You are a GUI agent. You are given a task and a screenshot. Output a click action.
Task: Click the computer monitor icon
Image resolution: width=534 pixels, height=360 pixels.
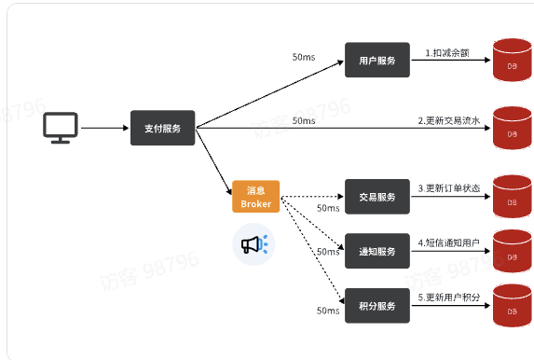62,128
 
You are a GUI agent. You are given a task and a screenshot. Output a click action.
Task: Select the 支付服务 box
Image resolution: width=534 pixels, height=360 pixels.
163,128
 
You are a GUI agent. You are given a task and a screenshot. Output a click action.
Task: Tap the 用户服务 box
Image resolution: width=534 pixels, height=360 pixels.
377,61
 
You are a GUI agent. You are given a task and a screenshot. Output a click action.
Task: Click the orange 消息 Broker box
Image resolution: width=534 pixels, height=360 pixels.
255,197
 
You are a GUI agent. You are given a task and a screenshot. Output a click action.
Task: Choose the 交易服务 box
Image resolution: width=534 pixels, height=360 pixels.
377,197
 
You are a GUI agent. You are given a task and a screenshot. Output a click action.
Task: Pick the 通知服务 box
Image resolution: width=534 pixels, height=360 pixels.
377,251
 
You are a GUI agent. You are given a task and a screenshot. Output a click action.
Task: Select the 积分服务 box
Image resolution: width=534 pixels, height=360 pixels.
377,306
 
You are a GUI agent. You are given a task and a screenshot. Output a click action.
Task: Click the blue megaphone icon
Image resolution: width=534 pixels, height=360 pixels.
253,244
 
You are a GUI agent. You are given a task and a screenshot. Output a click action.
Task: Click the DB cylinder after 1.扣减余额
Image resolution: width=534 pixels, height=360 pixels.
512,62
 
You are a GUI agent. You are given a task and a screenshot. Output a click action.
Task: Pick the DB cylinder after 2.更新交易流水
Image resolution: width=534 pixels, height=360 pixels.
512,130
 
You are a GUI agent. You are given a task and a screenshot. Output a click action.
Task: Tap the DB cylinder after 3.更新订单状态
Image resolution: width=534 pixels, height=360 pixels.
512,198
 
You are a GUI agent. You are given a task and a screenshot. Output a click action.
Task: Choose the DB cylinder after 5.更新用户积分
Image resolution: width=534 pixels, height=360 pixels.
512,306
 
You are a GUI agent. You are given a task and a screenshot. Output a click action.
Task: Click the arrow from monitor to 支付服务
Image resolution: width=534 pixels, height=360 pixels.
105,128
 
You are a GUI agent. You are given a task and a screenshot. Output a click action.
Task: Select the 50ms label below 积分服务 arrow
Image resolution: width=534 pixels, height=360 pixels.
328,311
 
